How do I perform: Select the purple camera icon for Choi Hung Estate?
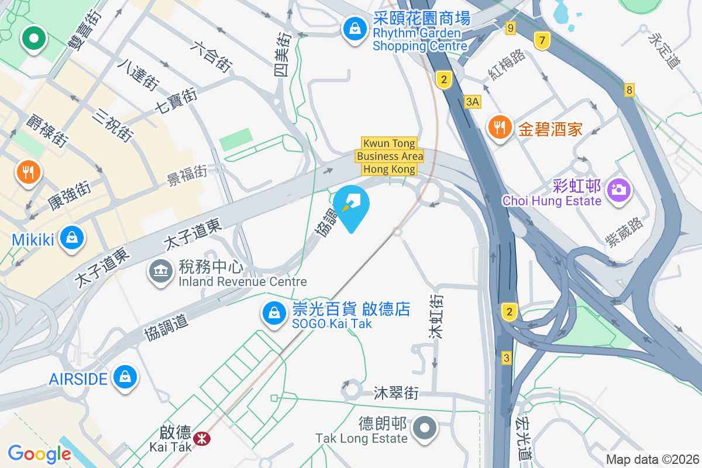point(617,189)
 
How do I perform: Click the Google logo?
point(39,454)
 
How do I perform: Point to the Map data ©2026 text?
point(652,459)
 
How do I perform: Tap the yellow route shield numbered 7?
point(542,41)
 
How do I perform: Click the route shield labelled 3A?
point(473,102)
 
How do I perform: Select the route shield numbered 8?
point(629,90)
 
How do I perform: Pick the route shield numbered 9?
point(511,27)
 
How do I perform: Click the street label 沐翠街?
point(396,393)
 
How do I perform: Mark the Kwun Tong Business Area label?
point(390,156)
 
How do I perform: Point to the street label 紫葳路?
point(625,232)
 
